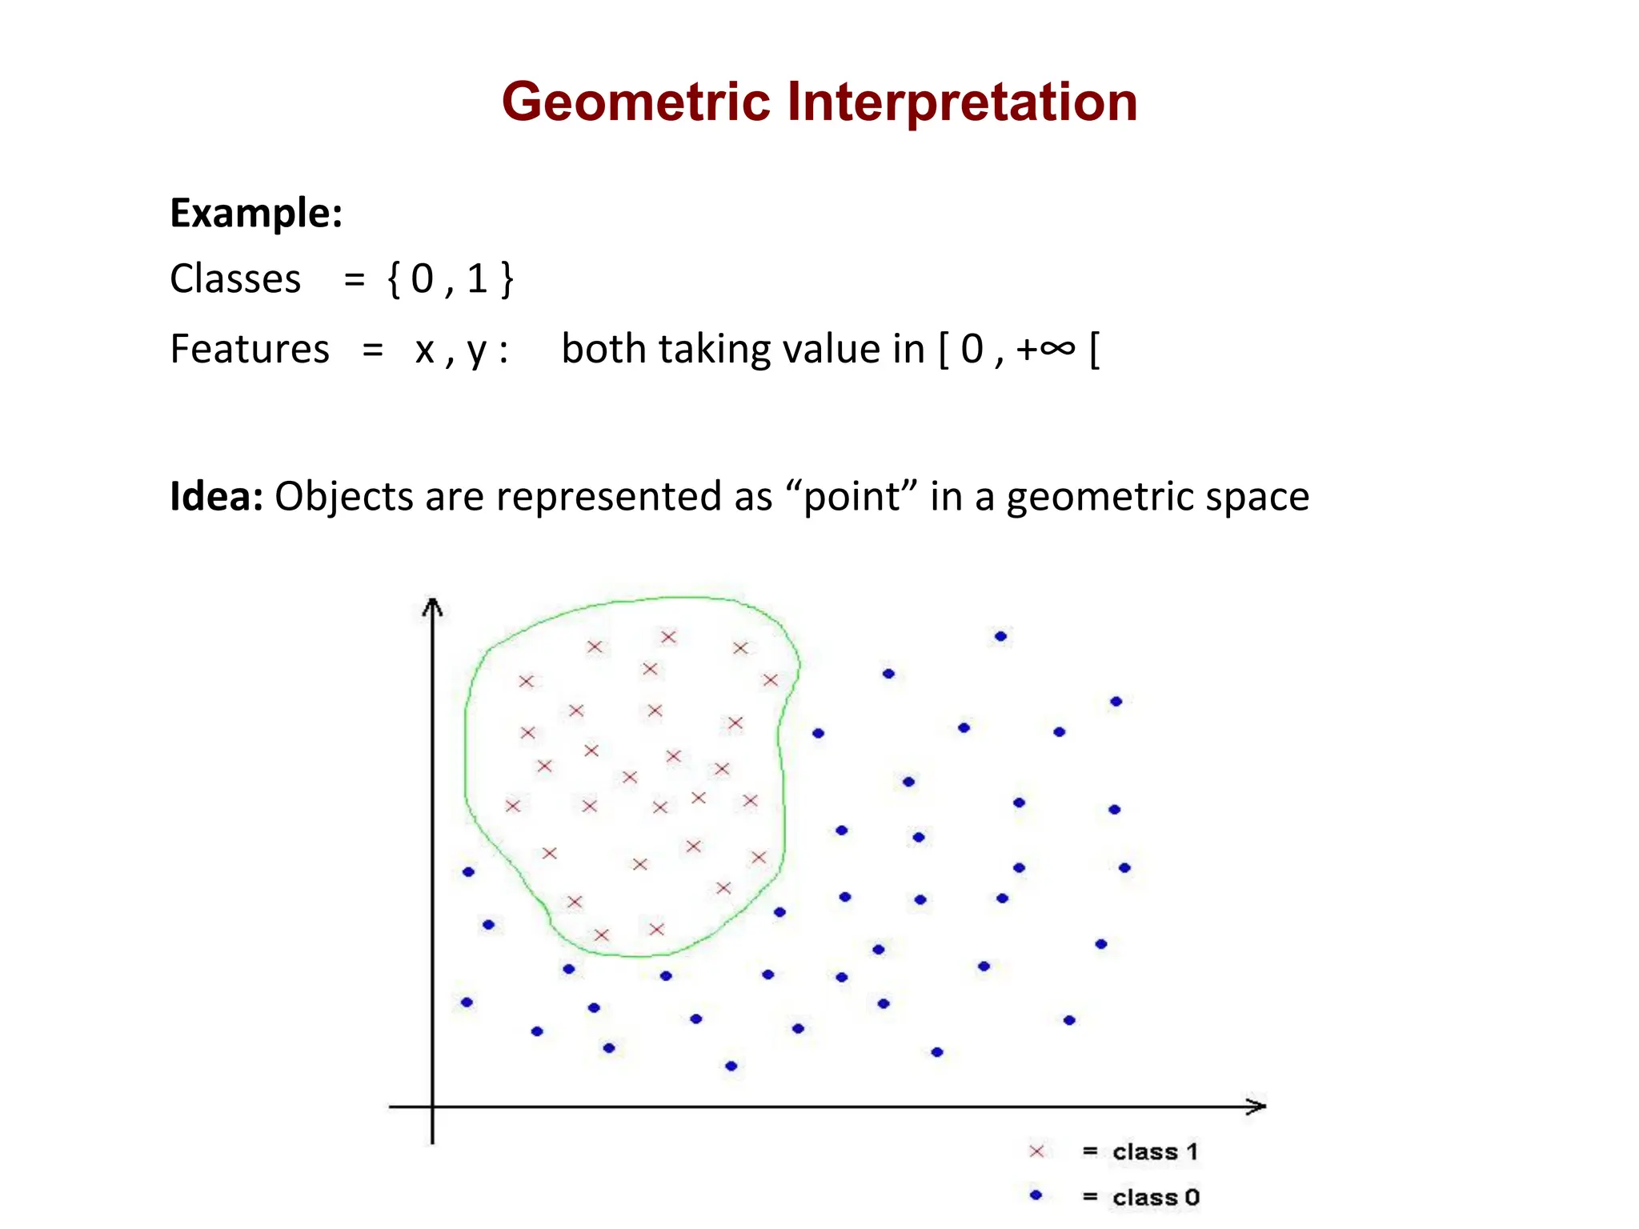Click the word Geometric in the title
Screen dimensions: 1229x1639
coord(635,102)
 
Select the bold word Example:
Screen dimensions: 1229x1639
coord(256,214)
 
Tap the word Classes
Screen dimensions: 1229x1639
coord(235,279)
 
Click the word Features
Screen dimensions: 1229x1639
coord(250,350)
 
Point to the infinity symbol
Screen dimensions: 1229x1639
coord(1058,349)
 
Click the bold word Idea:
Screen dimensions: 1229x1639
coord(216,496)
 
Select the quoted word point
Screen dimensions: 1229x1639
coord(852,496)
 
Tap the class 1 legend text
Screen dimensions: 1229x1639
coord(1155,1151)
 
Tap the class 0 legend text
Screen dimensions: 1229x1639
coord(1156,1197)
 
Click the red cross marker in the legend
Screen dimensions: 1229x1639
coord(1036,1151)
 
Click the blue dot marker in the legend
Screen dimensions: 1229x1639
coord(1036,1195)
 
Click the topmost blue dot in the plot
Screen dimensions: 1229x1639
coord(1000,637)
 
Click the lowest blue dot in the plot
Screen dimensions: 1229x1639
coord(731,1066)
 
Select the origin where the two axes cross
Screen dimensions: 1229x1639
coord(432,1107)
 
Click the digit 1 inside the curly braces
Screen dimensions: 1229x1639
coord(477,279)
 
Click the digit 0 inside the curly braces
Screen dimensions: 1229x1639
coord(422,279)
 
